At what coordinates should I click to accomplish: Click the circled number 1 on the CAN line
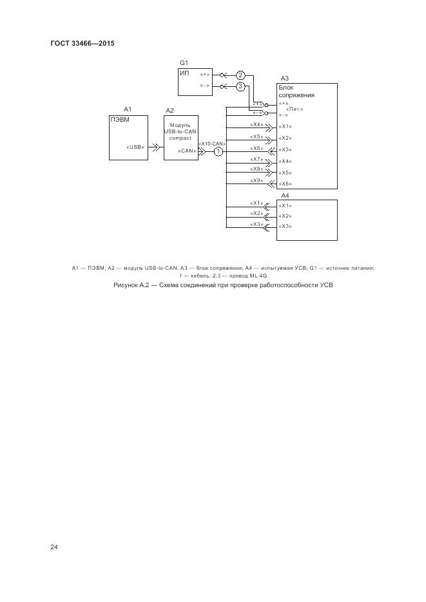click(218, 152)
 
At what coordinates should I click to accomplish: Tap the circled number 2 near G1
click(240, 75)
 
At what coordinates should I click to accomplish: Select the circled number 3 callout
click(240, 86)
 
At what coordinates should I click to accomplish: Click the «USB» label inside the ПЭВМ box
click(135, 147)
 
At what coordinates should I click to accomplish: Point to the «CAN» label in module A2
click(187, 151)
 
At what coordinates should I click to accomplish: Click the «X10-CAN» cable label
click(212, 143)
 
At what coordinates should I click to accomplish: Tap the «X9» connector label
click(257, 180)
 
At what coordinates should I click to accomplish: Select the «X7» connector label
click(257, 158)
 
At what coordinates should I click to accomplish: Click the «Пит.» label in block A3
click(295, 109)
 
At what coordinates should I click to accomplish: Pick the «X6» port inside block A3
click(285, 183)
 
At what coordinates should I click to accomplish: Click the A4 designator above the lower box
click(285, 195)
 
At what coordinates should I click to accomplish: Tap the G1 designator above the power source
click(184, 62)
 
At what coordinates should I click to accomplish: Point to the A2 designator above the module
click(169, 111)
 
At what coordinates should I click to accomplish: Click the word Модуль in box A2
click(180, 125)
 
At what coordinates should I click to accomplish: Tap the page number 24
click(54, 547)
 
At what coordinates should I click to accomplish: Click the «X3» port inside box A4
click(285, 226)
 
